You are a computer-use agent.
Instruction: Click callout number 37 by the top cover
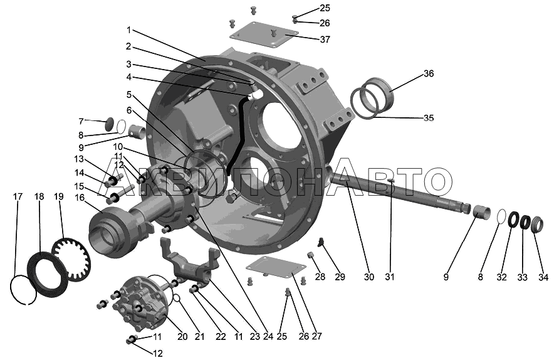coord(325,40)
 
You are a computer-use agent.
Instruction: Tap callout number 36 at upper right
coord(428,73)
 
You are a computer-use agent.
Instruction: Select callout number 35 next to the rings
coord(429,118)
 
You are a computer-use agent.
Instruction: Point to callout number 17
coord(18,197)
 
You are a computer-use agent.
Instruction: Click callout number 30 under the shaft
coord(369,277)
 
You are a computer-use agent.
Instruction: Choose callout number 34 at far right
coord(543,277)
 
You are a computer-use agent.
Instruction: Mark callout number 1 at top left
coord(129,30)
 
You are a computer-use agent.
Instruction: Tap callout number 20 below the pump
coord(182,336)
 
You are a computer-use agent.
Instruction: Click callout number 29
coord(340,277)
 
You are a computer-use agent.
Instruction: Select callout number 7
coord(81,122)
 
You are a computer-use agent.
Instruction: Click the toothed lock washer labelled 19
coord(71,260)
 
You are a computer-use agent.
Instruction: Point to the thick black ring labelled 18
coord(48,274)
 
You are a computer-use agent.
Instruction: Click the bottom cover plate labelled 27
coord(276,270)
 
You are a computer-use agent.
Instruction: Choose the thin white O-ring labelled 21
coord(177,299)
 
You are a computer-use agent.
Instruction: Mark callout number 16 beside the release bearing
coord(80,198)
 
